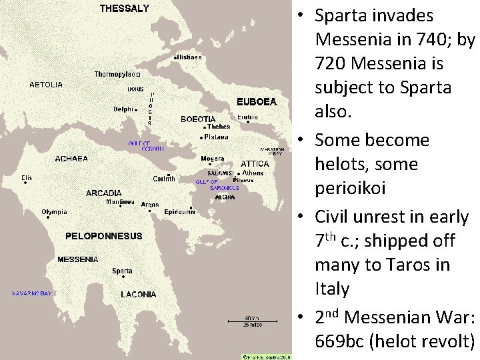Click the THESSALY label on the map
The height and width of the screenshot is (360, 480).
124,9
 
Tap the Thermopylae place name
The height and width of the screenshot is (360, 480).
114,74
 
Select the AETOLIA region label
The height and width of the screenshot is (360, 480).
46,85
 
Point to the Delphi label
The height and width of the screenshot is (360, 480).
123,109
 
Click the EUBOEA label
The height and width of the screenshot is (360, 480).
256,102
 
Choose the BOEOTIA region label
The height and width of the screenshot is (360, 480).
198,119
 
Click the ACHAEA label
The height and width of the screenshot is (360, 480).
71,159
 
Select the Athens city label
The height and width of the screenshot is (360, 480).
252,173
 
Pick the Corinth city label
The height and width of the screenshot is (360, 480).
164,179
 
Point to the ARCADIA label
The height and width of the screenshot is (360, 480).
104,193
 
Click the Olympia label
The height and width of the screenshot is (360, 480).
54,213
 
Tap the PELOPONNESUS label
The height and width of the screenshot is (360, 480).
103,236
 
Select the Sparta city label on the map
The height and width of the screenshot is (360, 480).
122,271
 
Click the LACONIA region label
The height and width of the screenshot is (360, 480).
138,294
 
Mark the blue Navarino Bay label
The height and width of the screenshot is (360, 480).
31,293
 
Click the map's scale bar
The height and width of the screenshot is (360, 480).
251,321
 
